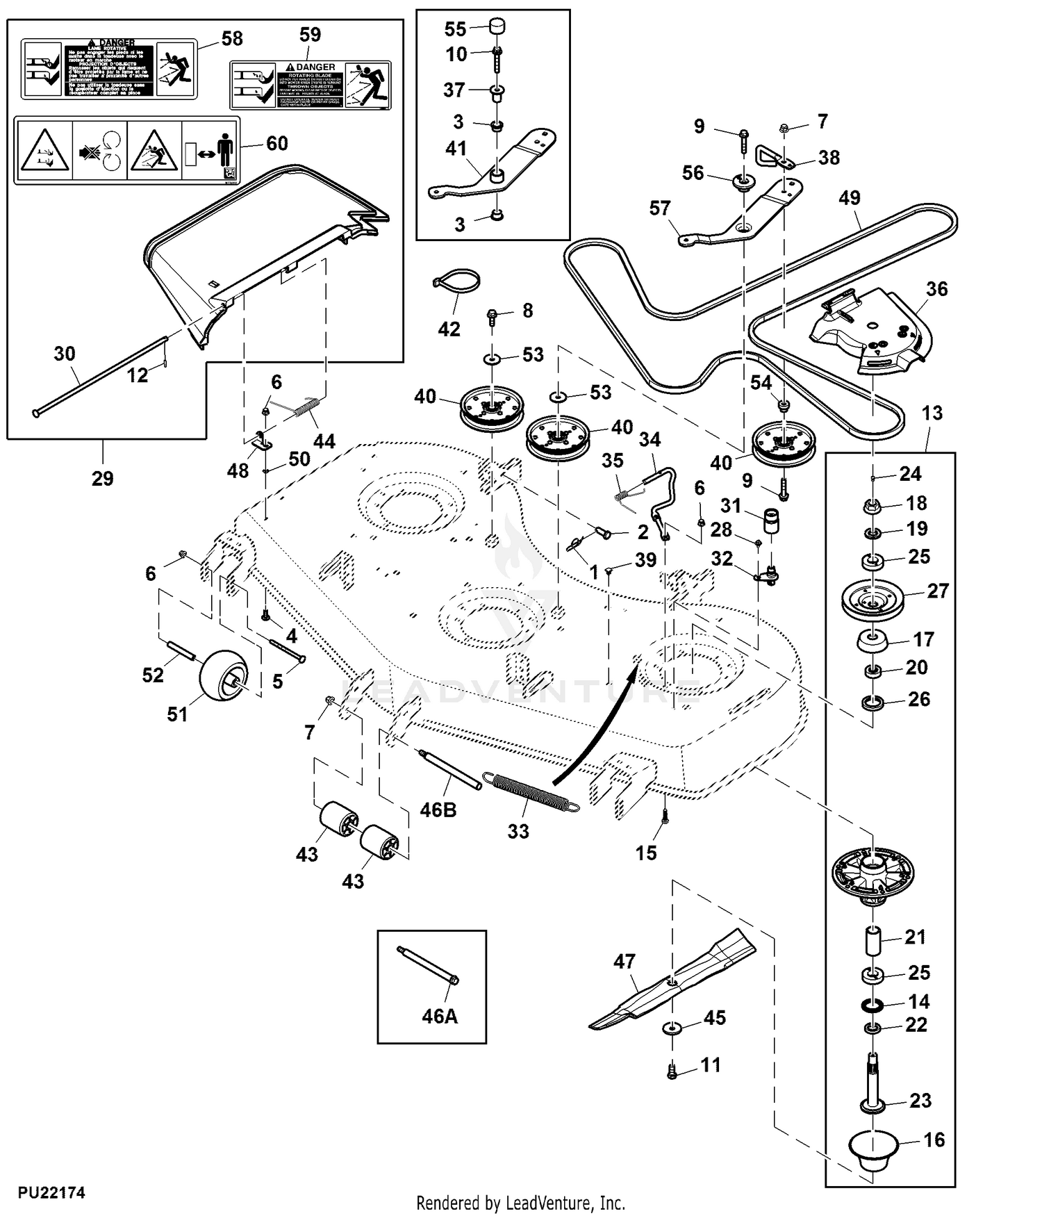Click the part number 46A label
[x=440, y=1017]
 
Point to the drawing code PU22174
[x=51, y=1193]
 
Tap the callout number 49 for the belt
[x=849, y=198]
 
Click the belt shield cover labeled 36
[x=875, y=330]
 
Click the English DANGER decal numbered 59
[x=310, y=85]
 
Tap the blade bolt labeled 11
[x=672, y=1072]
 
